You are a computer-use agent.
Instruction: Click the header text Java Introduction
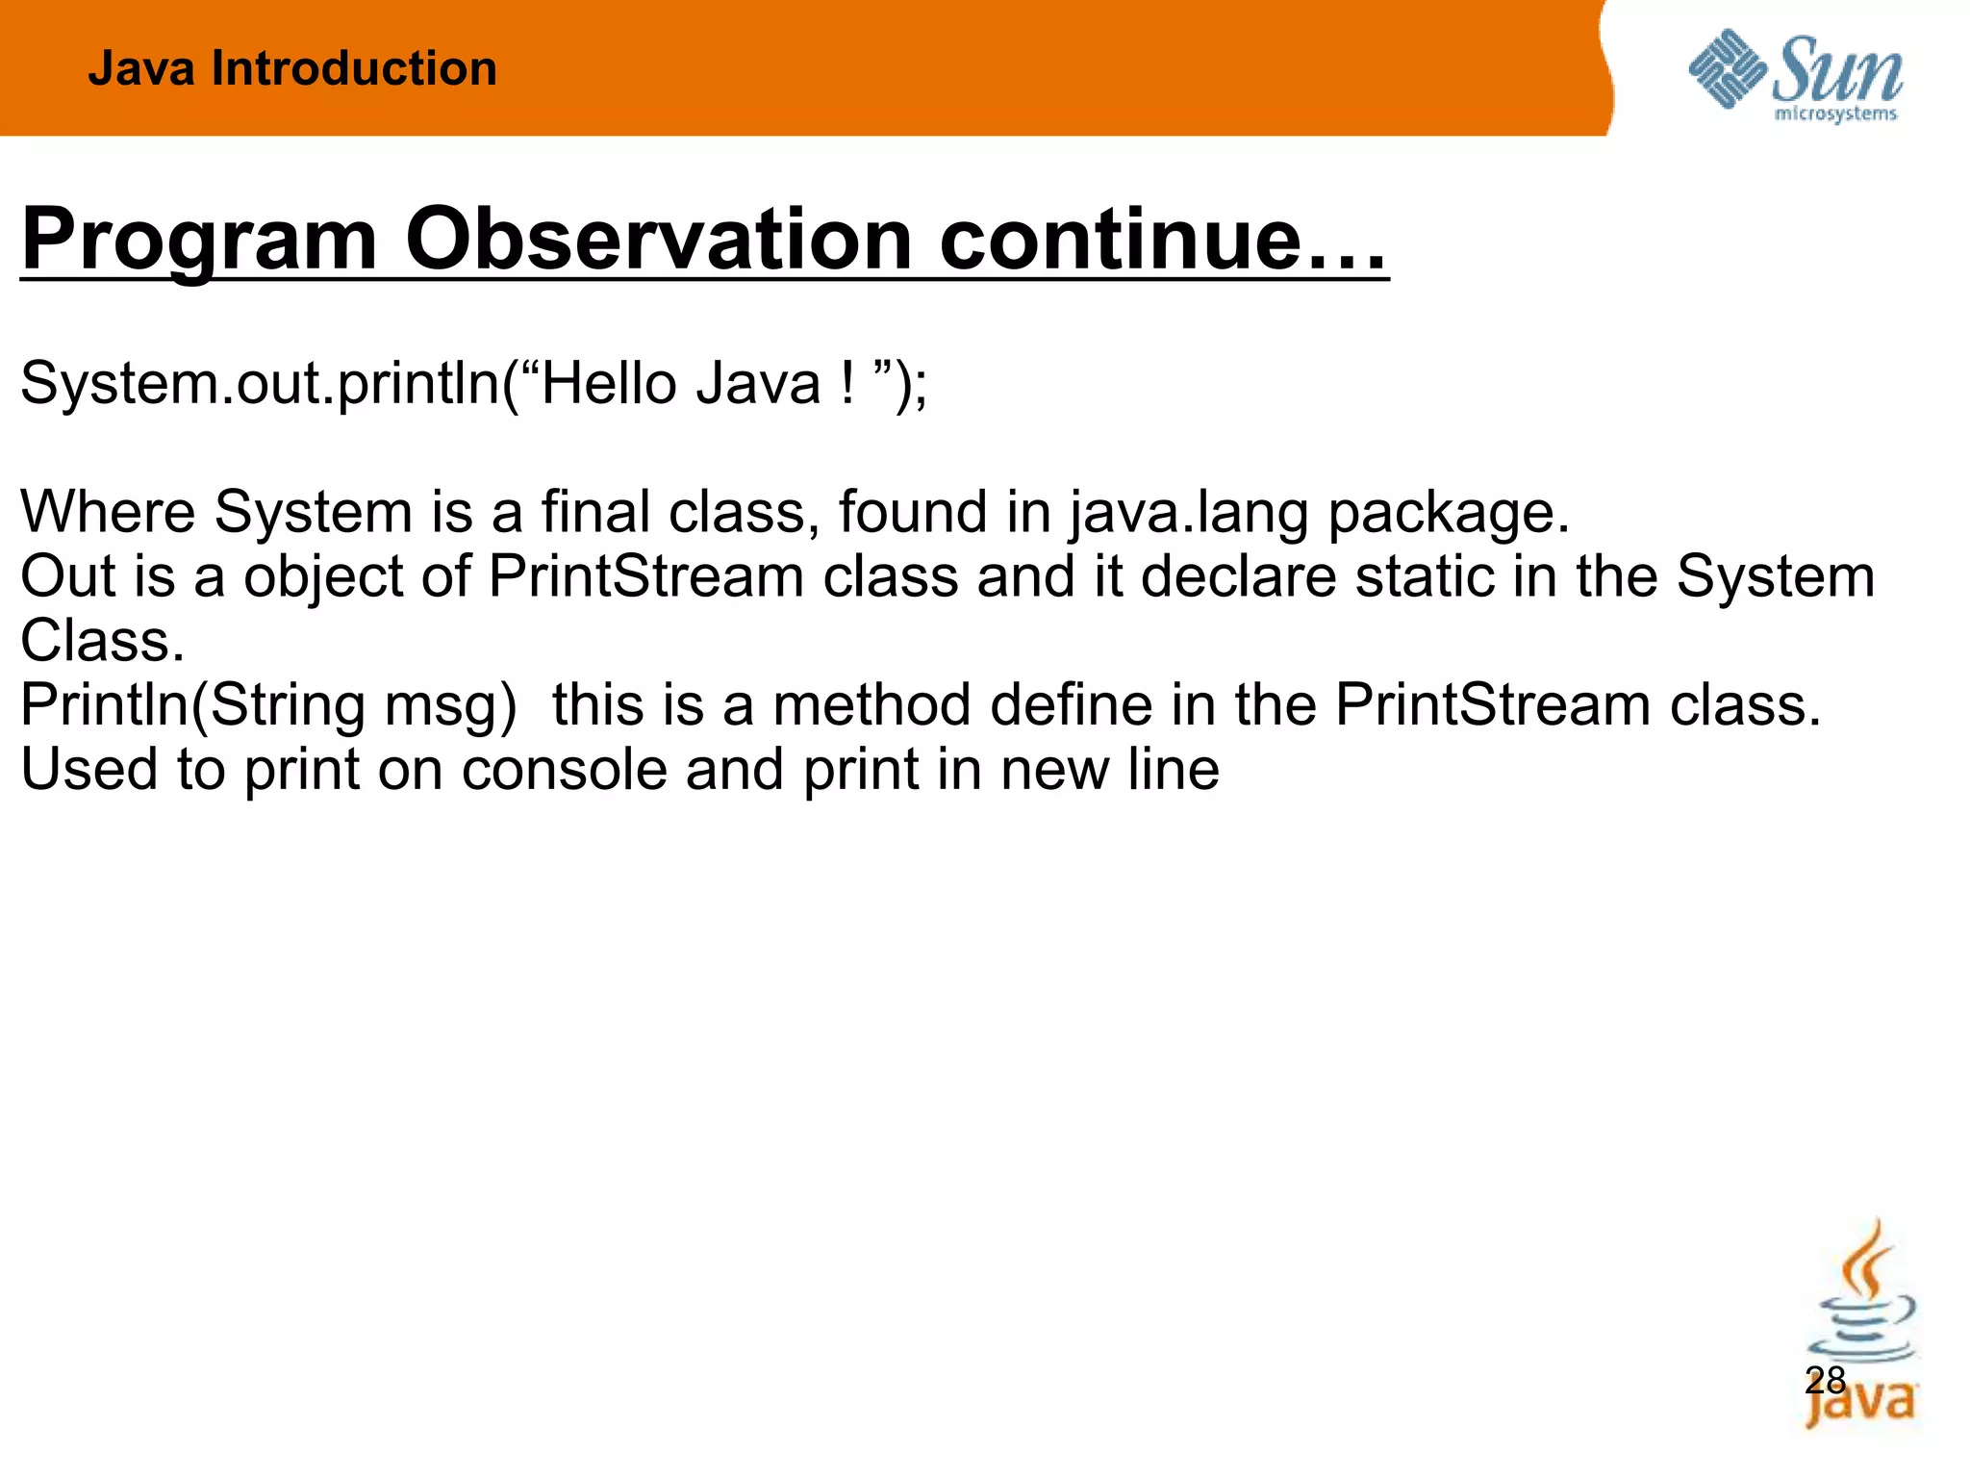click(292, 69)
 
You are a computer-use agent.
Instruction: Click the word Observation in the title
click(658, 240)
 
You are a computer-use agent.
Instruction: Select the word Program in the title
click(199, 240)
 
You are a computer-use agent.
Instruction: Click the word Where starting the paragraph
click(108, 511)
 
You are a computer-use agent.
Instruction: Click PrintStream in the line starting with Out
click(645, 576)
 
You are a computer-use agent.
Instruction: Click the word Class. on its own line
click(102, 641)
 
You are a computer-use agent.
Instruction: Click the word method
click(871, 705)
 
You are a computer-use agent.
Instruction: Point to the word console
click(564, 770)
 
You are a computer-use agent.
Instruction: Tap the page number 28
click(1825, 1381)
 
